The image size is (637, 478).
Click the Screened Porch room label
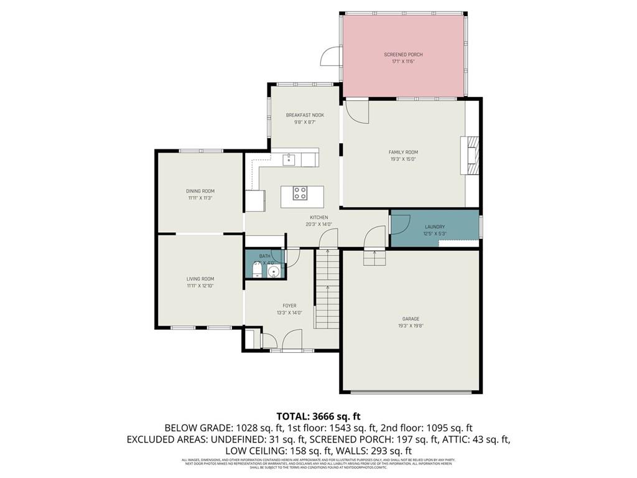pos(403,55)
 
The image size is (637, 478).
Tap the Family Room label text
pos(403,152)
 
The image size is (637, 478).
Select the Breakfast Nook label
pos(305,115)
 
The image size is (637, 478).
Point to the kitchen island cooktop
pos(300,194)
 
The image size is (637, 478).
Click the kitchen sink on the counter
pos(289,160)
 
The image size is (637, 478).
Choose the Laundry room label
pos(435,227)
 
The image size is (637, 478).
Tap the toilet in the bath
pos(256,269)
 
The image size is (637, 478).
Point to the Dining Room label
pos(200,191)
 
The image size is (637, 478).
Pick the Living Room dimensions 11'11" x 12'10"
pos(200,286)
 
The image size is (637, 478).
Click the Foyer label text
pos(289,306)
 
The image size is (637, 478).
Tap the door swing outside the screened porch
pos(330,57)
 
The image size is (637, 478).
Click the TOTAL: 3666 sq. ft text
pos(318,416)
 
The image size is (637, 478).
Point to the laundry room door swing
pos(400,222)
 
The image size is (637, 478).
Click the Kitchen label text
pos(319,217)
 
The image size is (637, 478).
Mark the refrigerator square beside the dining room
pos(255,200)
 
